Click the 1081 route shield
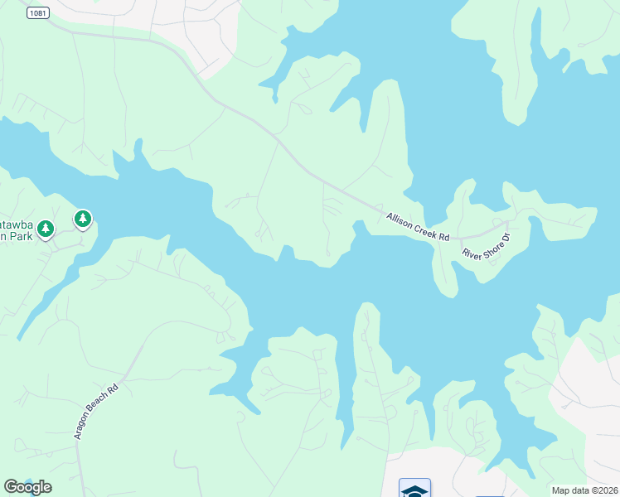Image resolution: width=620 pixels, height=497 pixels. pyautogui.click(x=36, y=12)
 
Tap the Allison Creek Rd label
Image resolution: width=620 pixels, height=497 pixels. pyautogui.click(x=418, y=227)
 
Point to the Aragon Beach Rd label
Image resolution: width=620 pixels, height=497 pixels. pyautogui.click(x=97, y=412)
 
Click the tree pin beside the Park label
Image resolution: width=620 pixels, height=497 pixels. pyautogui.click(x=46, y=229)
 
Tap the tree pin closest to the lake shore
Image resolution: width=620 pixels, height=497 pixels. pyautogui.click(x=82, y=220)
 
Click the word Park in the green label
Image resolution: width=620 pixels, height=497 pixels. pyautogui.click(x=22, y=236)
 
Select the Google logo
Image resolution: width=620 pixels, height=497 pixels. pyautogui.click(x=27, y=487)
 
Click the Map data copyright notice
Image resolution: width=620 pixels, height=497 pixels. pyautogui.click(x=585, y=490)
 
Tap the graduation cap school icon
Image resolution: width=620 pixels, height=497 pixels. pyautogui.click(x=414, y=490)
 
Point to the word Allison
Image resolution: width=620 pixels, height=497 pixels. pyautogui.click(x=399, y=220)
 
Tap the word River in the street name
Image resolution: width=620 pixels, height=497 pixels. pyautogui.click(x=471, y=254)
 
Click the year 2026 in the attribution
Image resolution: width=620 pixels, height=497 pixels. pyautogui.click(x=608, y=490)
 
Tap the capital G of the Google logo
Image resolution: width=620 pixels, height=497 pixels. pyautogui.click(x=10, y=487)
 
